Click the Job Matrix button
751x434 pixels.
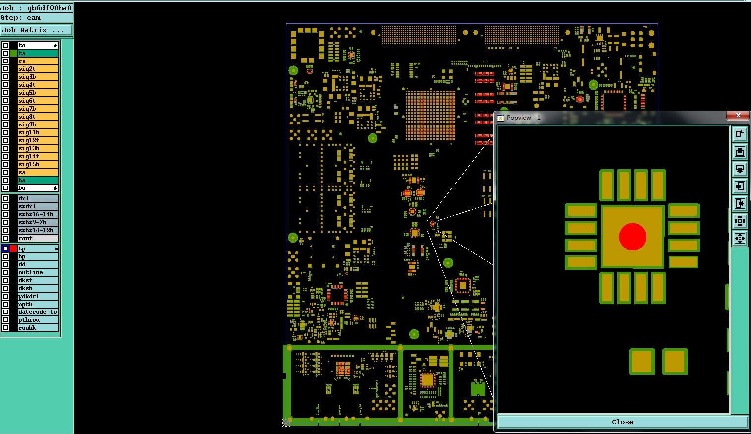tap(36, 30)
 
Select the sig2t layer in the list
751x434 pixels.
tap(38, 69)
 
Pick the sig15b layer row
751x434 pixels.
tap(38, 164)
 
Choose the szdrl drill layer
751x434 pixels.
tap(38, 206)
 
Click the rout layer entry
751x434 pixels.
tap(38, 238)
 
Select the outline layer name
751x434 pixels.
tap(38, 272)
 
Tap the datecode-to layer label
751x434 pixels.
tap(38, 311)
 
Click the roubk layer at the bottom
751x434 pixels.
tap(38, 328)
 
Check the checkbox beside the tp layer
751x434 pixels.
tap(5, 248)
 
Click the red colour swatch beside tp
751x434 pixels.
tap(13, 248)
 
